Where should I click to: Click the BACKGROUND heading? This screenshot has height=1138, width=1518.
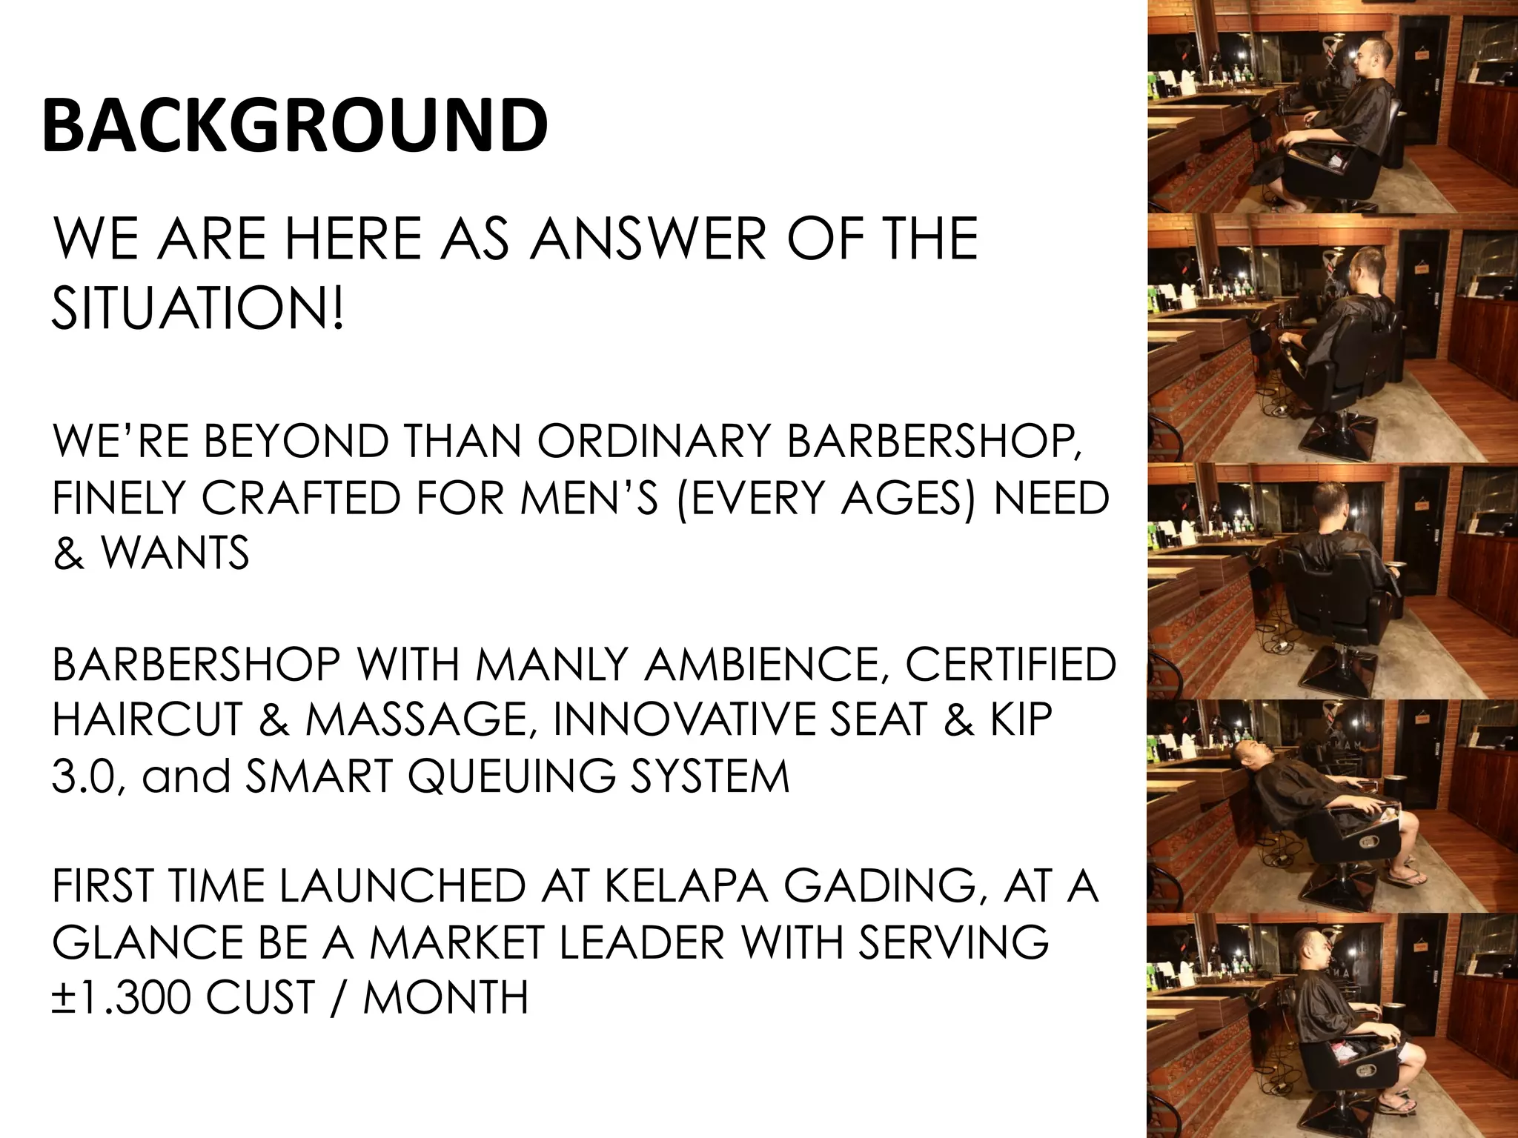click(295, 125)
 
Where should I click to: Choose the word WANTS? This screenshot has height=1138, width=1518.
click(175, 553)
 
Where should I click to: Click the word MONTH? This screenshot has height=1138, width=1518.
click(446, 997)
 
